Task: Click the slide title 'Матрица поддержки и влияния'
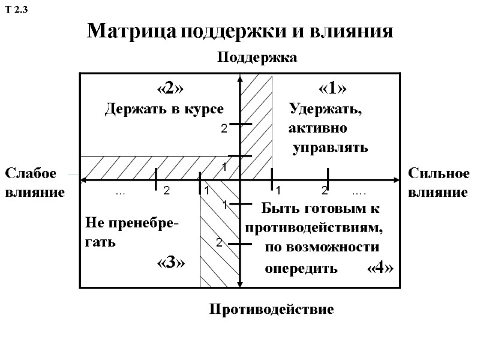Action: pos(240,31)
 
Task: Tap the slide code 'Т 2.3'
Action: pos(17,10)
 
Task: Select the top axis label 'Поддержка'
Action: pos(257,58)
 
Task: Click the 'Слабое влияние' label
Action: pos(35,183)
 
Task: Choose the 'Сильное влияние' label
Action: pos(439,183)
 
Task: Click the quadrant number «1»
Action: pos(332,89)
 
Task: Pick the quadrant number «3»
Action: pos(170,263)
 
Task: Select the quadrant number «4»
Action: pos(380,268)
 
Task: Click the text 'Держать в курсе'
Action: pos(164,109)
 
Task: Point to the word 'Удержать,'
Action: pos(326,110)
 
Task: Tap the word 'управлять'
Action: pos(330,148)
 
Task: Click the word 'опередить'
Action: pos(301,268)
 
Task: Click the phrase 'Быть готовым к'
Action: pos(320,209)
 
